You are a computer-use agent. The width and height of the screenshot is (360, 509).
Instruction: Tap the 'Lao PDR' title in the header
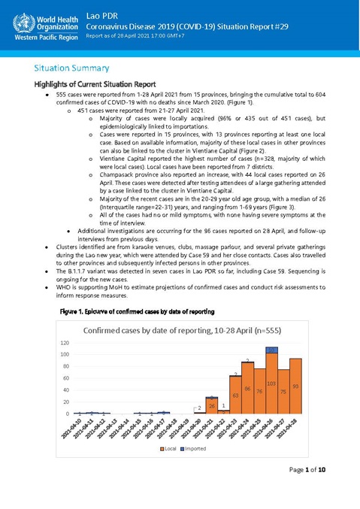[101, 14]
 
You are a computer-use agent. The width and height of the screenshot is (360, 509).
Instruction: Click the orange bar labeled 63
[235, 395]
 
